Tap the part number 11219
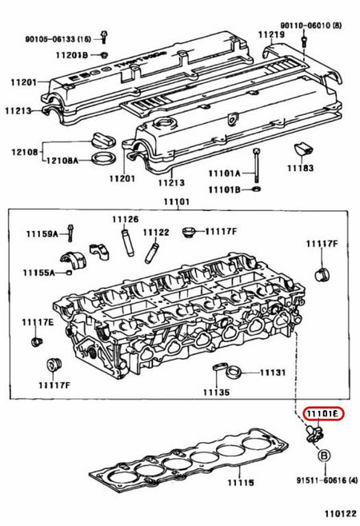270,36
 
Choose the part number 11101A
224,172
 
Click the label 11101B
224,189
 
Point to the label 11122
156,232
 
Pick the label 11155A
37,273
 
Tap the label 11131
272,373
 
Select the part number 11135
215,393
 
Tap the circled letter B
324,456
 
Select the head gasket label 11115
238,484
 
